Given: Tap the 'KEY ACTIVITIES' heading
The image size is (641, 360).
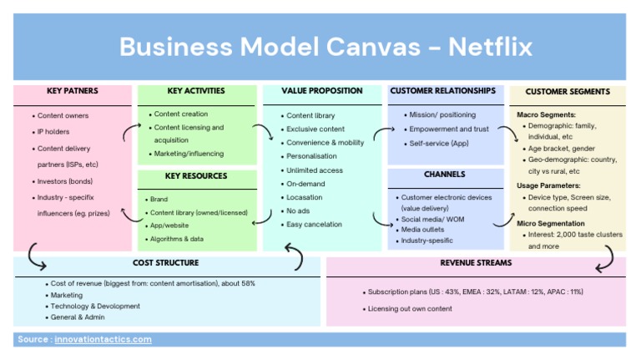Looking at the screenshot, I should [x=195, y=90].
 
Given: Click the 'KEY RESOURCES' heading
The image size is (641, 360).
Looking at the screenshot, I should [x=195, y=176].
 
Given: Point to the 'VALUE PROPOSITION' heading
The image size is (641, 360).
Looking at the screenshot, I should [x=321, y=90].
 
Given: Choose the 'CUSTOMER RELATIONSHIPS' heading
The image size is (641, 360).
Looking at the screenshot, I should [x=442, y=90].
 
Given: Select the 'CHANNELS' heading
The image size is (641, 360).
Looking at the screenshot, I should [x=444, y=175].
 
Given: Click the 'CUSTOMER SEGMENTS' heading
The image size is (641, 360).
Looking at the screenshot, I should [x=568, y=92].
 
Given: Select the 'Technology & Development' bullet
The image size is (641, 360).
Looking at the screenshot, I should [x=95, y=307].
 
